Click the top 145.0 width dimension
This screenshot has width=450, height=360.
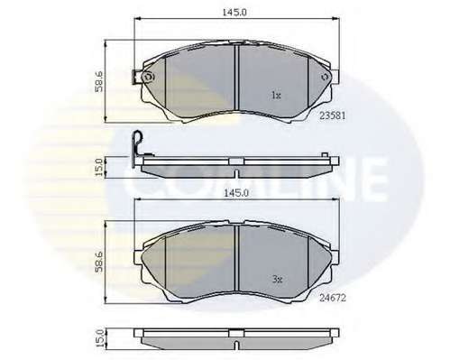click(234, 13)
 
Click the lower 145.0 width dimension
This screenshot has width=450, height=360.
click(236, 193)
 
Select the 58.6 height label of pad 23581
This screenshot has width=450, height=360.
click(99, 81)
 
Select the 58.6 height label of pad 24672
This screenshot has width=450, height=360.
click(99, 263)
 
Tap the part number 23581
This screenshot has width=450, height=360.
click(332, 115)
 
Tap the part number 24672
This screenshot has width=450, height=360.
click(333, 298)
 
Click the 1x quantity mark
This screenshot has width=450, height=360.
click(276, 96)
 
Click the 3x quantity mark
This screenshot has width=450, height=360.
click(277, 280)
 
